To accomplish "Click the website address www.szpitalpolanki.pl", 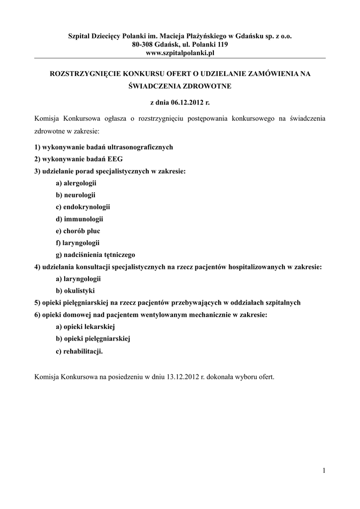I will point(180,53).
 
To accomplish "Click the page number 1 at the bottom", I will point(323,471).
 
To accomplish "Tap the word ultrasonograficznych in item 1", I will point(139,147).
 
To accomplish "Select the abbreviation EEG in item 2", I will point(115,159).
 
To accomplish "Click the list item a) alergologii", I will point(76,183).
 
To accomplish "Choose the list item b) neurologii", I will point(76,195).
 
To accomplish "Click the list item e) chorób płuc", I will point(78,231).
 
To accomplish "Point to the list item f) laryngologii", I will point(78,243).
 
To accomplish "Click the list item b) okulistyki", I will point(75,290).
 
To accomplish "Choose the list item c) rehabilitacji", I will point(80,351).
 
